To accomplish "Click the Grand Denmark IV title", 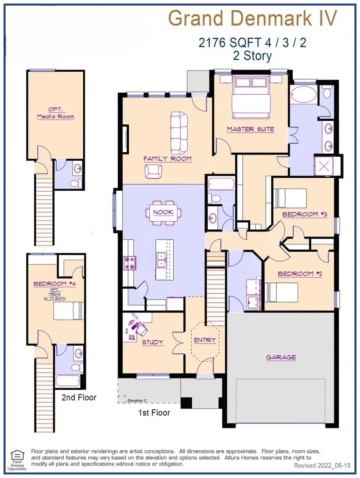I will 253,19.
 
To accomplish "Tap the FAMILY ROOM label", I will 167,158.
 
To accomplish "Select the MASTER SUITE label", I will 250,129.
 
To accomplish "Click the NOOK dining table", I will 163,212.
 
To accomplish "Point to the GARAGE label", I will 281,357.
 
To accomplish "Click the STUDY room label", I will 153,342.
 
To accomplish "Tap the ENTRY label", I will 205,340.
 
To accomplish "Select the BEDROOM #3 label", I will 304,214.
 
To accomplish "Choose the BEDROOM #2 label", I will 300,274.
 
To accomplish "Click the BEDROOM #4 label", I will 56,284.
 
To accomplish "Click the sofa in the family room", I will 179,132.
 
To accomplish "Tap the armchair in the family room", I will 153,171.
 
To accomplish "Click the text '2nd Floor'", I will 79,397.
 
